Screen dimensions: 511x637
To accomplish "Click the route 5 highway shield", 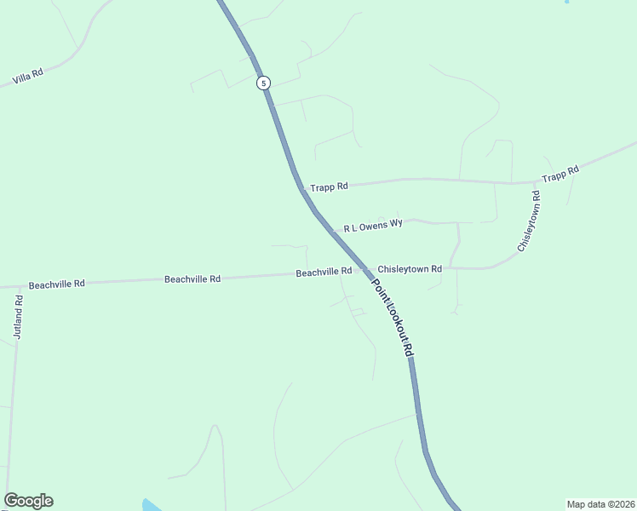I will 264,83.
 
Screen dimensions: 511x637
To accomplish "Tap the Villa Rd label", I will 28,78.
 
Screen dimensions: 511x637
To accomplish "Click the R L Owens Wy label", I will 373,227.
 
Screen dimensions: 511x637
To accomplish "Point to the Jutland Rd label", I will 19,318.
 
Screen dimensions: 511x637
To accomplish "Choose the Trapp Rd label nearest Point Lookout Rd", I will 329,187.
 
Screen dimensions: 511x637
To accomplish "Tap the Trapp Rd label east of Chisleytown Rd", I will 561,174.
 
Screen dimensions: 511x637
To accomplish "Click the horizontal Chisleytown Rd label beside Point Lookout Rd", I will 410,269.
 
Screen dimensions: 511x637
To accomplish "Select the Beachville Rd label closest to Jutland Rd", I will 57,284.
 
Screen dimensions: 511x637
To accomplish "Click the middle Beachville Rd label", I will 192,278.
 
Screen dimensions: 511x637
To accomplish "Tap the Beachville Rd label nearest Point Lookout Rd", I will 324,273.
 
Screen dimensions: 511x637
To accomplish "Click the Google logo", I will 28,501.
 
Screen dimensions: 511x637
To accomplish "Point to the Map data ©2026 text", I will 601,503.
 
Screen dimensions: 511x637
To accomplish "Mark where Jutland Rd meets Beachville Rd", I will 19,286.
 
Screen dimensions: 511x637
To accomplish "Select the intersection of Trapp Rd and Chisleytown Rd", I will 534,182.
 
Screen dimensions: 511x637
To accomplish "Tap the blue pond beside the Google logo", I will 151,505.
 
